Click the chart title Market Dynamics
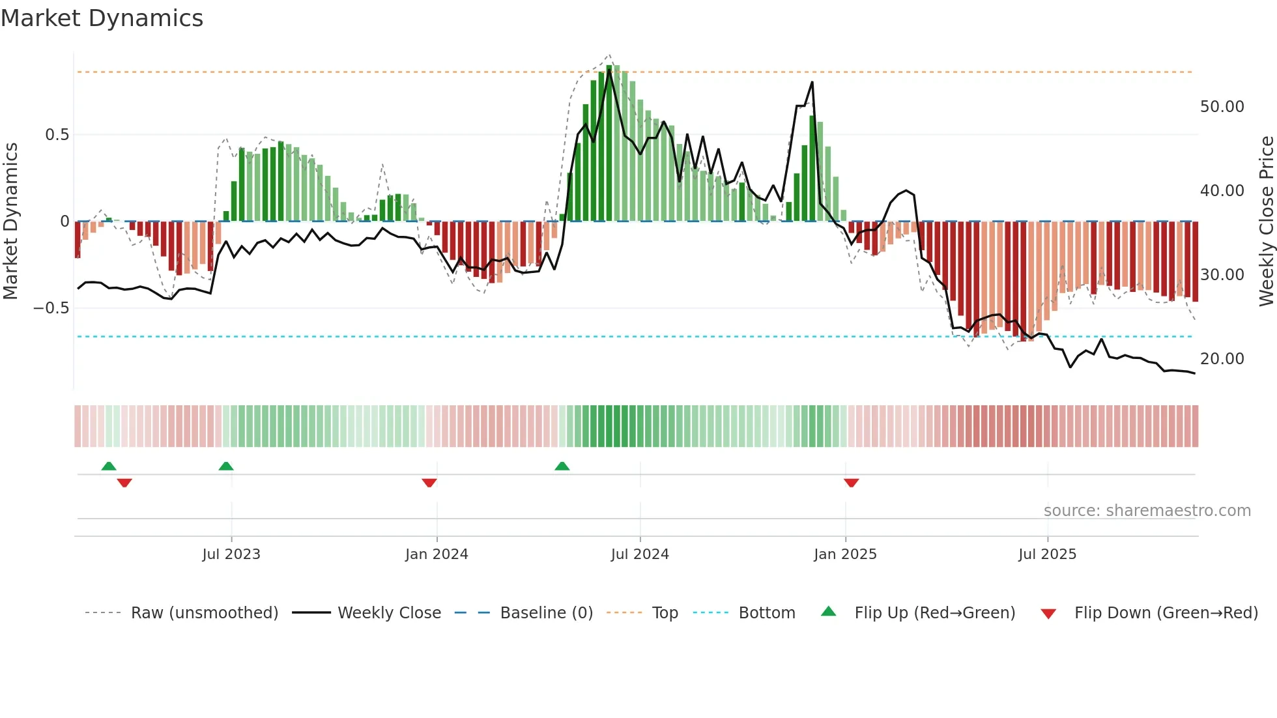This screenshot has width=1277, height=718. tap(102, 18)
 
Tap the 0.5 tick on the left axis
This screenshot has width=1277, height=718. tap(57, 135)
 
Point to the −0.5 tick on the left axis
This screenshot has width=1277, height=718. tap(51, 308)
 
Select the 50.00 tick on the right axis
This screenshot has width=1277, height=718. tap(1222, 107)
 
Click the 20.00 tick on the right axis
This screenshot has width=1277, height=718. tap(1222, 359)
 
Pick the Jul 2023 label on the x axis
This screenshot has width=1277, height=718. tap(231, 554)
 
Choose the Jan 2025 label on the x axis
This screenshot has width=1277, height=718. tap(845, 554)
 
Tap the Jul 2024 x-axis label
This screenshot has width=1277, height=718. tap(640, 554)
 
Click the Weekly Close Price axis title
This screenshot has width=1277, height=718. tap(1266, 222)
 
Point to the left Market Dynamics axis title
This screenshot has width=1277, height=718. tap(11, 222)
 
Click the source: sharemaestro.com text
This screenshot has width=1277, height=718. tap(1147, 511)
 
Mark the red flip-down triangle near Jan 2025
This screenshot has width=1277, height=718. tap(851, 483)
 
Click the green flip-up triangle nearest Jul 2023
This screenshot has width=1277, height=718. tap(225, 466)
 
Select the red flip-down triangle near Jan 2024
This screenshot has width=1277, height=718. tap(429, 483)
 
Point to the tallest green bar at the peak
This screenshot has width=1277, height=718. tap(610, 143)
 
